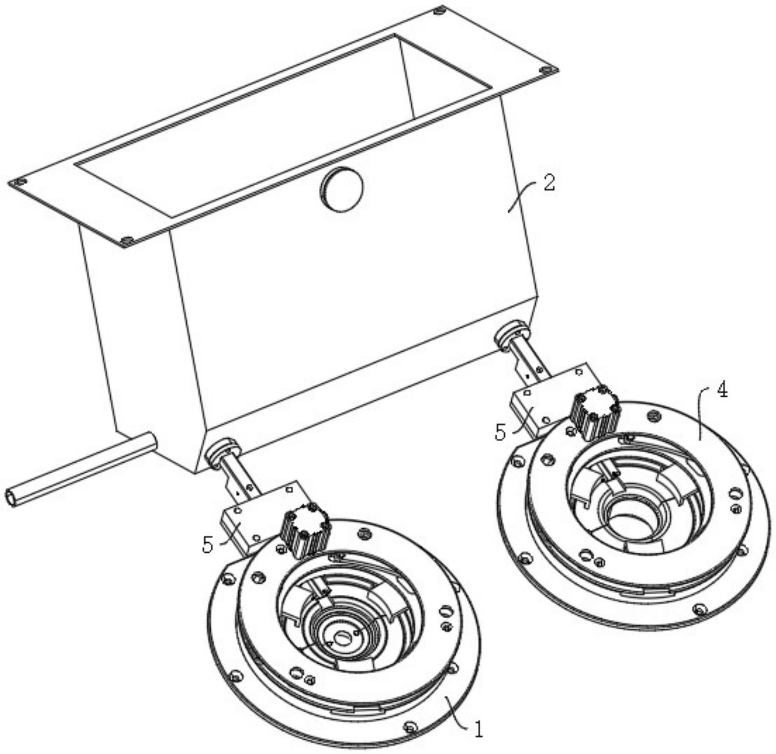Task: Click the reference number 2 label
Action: click(x=549, y=183)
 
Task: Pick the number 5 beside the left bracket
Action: click(x=208, y=545)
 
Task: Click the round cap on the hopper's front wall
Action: click(x=342, y=189)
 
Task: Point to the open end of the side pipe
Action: click(x=11, y=497)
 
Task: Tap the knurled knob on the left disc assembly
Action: click(x=305, y=531)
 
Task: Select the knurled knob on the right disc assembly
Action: click(x=595, y=413)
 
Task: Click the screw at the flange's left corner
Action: click(x=19, y=182)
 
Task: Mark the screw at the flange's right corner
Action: click(x=546, y=71)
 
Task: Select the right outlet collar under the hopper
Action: click(x=512, y=335)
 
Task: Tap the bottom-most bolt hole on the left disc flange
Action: click(x=411, y=727)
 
